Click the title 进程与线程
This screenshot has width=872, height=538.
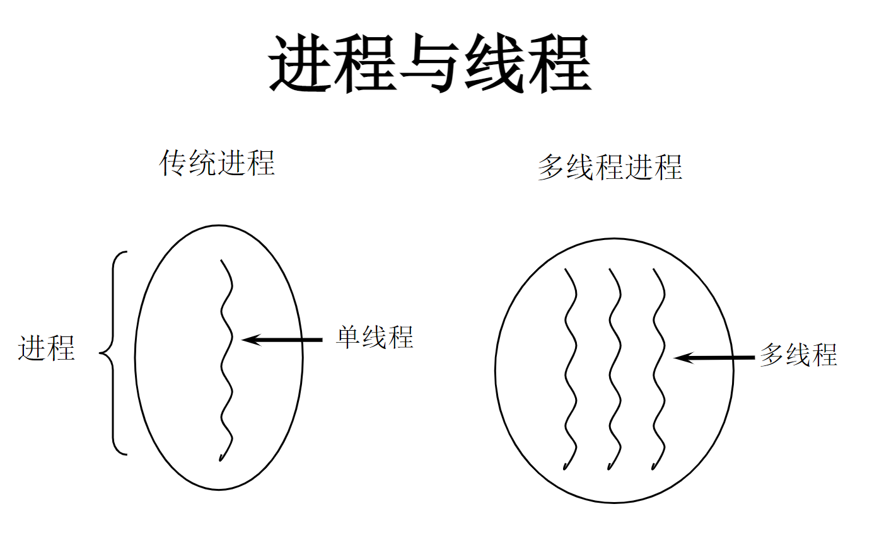(x=430, y=65)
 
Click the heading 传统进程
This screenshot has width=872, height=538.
(x=217, y=163)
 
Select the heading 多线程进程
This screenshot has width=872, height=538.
(x=610, y=167)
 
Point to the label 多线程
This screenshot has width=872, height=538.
(x=798, y=355)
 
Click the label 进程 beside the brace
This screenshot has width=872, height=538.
(x=47, y=348)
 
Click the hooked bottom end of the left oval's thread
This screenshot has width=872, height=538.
(x=221, y=457)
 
